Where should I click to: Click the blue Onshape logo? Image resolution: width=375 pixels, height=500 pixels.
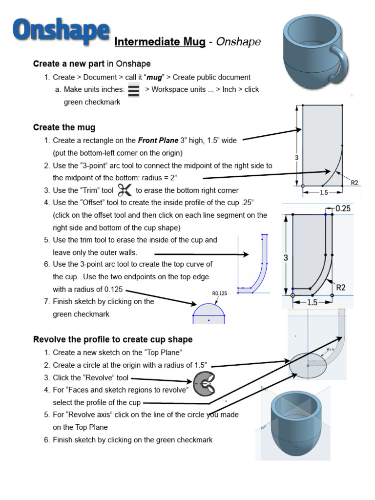[61, 31]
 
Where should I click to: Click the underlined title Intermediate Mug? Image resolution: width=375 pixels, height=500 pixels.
[160, 42]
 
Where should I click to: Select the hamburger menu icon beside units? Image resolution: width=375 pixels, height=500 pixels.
[134, 90]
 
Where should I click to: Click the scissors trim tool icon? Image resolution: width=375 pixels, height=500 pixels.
[125, 190]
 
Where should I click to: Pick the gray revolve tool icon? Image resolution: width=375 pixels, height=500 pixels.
[205, 384]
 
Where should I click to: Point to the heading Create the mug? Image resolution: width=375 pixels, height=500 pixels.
[64, 127]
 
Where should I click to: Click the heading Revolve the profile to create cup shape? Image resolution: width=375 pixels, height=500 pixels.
[113, 339]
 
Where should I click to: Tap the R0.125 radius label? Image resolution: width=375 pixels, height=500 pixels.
[219, 293]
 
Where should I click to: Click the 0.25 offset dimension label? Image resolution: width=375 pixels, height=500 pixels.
[343, 208]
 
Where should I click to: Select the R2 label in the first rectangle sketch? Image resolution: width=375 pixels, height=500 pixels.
[354, 183]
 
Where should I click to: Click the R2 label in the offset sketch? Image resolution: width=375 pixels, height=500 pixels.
[340, 288]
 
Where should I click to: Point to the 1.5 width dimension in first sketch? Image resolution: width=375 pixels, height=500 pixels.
[324, 192]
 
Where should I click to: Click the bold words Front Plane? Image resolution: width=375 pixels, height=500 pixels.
[158, 140]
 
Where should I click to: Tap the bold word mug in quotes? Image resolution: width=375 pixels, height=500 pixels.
[154, 78]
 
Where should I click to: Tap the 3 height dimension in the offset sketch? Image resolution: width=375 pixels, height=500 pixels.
[286, 258]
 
